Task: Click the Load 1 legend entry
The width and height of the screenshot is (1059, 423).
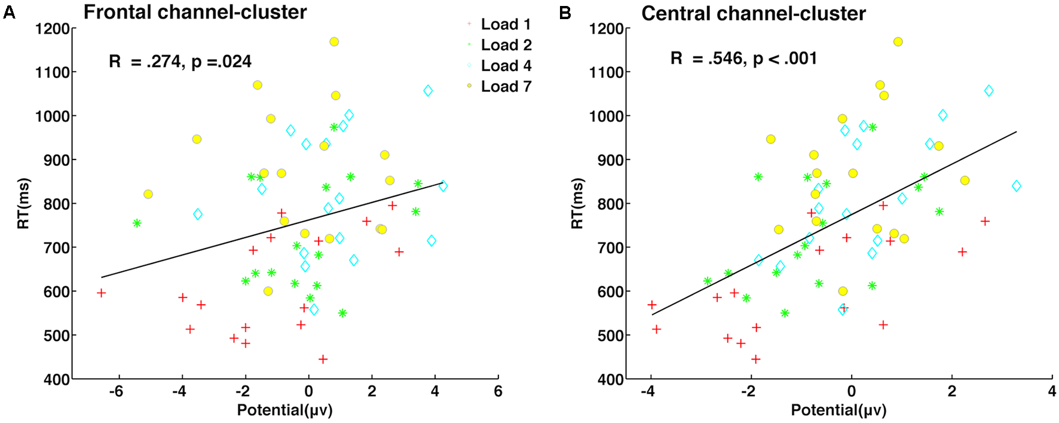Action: point(506,24)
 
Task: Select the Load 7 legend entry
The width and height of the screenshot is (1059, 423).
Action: point(506,87)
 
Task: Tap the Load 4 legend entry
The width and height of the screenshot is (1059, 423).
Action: point(506,66)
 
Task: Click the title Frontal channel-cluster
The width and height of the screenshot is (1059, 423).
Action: point(195,12)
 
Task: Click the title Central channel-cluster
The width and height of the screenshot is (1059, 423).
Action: point(753,13)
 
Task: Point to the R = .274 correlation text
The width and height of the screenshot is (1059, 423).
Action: point(180,62)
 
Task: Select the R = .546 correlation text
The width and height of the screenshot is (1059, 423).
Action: point(743,59)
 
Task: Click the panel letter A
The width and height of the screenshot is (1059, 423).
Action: point(9,12)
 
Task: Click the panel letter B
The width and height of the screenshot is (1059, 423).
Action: point(565,13)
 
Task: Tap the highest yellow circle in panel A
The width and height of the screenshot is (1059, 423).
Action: point(334,42)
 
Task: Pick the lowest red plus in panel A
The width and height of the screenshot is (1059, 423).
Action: point(323,359)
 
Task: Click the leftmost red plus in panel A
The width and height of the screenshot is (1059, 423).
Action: point(101,293)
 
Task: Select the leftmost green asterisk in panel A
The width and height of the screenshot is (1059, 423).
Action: point(137,223)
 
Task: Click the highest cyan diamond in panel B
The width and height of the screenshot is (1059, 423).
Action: point(988,91)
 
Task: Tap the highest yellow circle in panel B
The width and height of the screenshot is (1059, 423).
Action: point(898,42)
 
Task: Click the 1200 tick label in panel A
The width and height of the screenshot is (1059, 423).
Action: point(52,29)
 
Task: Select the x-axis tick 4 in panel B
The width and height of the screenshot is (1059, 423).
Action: point(1052,392)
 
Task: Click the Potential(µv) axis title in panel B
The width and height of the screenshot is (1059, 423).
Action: point(838,410)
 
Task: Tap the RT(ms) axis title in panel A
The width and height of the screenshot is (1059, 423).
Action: point(23,203)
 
